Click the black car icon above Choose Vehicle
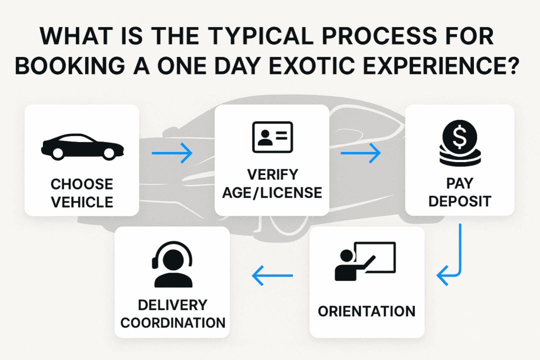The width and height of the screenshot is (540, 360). tap(81, 146)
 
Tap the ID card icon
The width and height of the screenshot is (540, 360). tap(272, 136)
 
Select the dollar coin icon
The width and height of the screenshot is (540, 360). tap(459, 142)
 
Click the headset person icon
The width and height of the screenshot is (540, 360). tap(172, 264)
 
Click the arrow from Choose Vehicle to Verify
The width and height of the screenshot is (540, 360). tap(172, 153)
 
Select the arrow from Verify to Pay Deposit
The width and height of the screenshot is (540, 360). tap(360, 153)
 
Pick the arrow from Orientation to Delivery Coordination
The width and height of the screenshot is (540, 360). tap(272, 275)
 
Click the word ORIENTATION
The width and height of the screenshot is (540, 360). tap(366, 311)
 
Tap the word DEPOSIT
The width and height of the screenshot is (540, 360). tap(459, 201)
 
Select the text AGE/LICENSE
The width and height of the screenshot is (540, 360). tap(272, 192)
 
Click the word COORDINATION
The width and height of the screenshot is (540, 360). tap(172, 322)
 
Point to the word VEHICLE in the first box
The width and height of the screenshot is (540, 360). tap(81, 202)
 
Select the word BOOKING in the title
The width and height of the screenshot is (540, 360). tap(69, 66)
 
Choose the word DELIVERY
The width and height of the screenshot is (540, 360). tap(172, 304)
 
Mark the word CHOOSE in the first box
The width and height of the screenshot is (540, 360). tap(81, 184)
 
